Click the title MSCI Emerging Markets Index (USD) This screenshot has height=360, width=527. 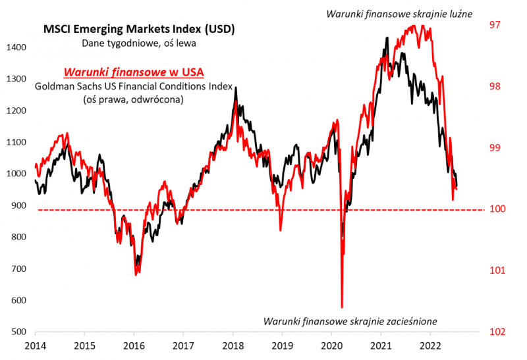(139, 30)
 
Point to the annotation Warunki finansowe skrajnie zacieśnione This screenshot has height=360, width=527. (350, 322)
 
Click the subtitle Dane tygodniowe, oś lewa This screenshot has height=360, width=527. (139, 43)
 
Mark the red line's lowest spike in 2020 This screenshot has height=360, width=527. (342, 307)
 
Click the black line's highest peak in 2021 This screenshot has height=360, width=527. (386, 38)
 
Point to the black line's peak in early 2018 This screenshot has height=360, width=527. (236, 88)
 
